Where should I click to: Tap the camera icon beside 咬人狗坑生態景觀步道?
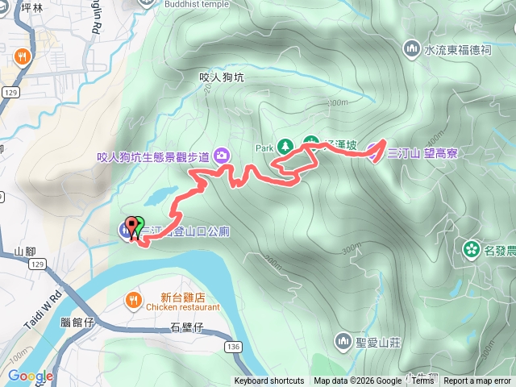[222, 156]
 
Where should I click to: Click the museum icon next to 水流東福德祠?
[414, 49]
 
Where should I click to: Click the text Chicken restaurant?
[183, 307]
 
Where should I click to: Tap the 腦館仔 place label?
[77, 322]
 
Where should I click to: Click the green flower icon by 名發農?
[471, 248]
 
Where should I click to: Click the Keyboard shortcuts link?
[269, 381]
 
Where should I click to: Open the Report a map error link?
[477, 381]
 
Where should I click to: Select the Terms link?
[422, 381]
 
